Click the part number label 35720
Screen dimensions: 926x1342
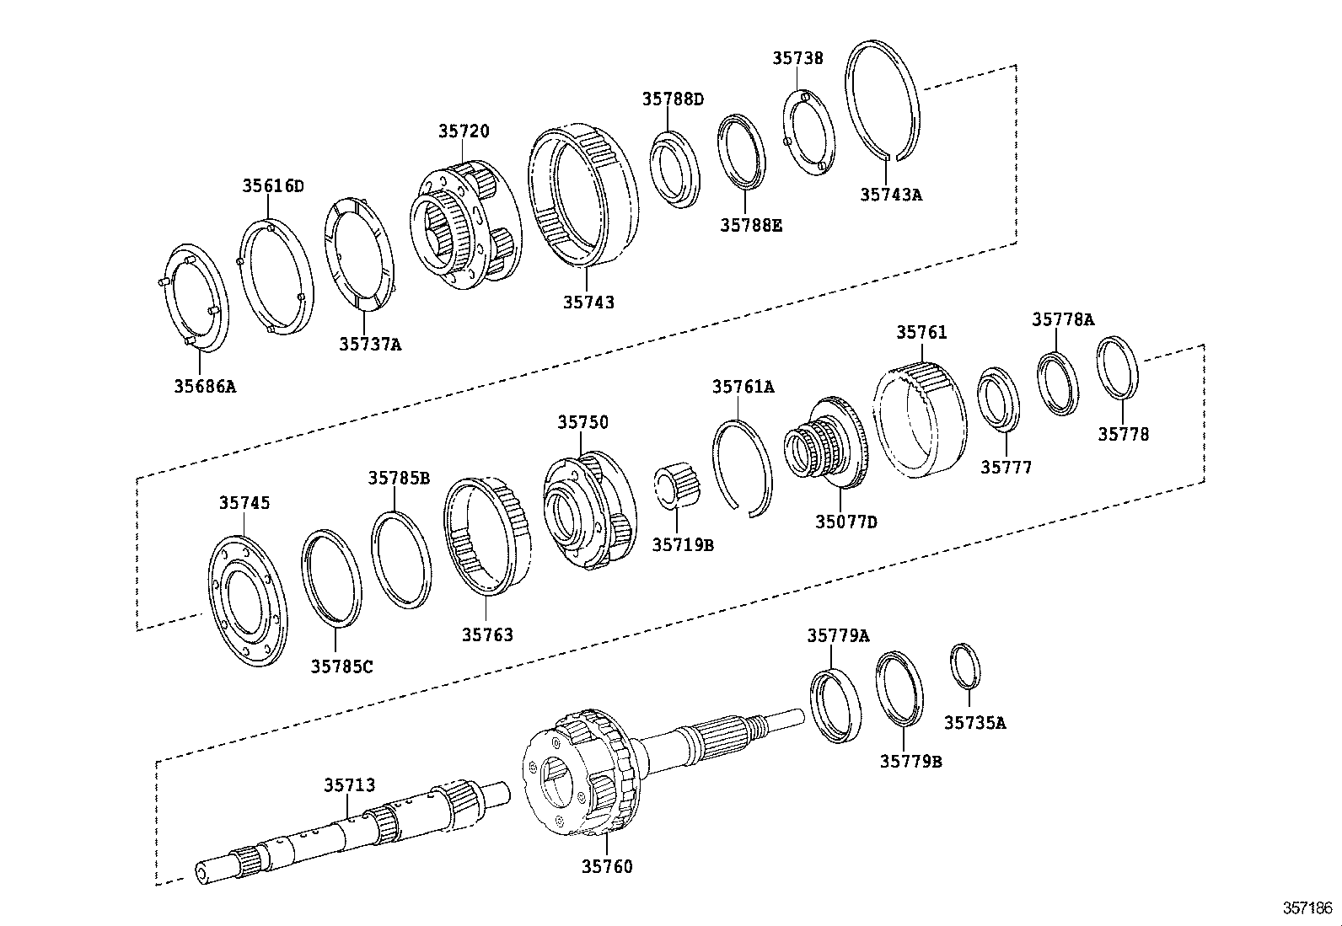pyautogui.click(x=463, y=131)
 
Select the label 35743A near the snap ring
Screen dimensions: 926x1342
pyautogui.click(x=890, y=195)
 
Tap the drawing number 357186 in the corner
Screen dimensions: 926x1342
pyautogui.click(x=1307, y=908)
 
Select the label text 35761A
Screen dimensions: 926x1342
pyautogui.click(x=743, y=387)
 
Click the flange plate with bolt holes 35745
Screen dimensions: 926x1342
pyautogui.click(x=246, y=600)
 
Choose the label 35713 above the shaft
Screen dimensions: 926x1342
pyautogui.click(x=349, y=785)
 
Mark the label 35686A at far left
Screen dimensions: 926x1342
pyautogui.click(x=205, y=387)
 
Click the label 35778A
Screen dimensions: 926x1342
pyautogui.click(x=1062, y=319)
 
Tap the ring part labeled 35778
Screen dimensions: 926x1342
pyautogui.click(x=1119, y=367)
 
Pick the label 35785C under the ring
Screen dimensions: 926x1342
pyautogui.click(x=341, y=666)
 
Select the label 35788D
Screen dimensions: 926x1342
pyautogui.click(x=672, y=99)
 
